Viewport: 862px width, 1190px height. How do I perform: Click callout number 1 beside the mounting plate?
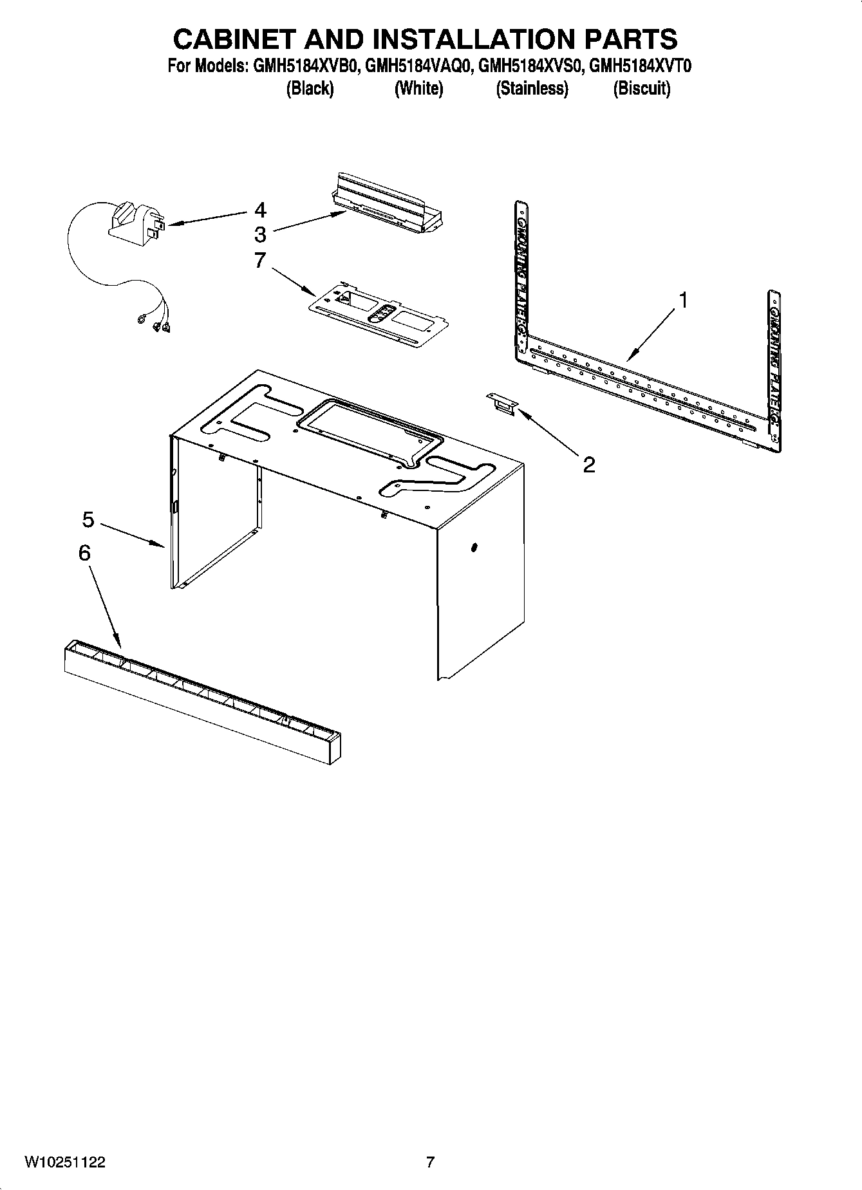pos(684,300)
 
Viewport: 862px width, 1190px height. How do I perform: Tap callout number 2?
pos(588,465)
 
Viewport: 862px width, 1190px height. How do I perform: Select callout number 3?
pos(260,234)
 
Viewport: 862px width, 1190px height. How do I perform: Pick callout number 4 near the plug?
pos(260,210)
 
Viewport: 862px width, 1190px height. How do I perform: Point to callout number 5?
pos(88,519)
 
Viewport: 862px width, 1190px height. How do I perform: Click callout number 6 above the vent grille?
pos(84,553)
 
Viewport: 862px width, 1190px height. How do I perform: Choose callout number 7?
pos(260,261)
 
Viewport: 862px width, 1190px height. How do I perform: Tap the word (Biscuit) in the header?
pos(641,88)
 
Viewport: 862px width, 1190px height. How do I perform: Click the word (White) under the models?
pos(418,88)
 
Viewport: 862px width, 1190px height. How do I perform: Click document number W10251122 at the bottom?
pos(64,1162)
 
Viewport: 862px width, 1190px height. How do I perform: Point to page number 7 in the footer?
pos(430,1162)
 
